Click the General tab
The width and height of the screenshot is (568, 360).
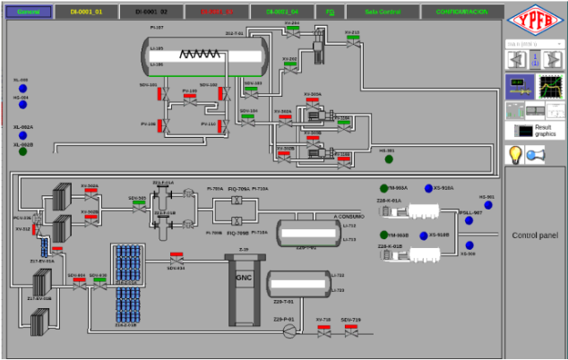click(x=29, y=12)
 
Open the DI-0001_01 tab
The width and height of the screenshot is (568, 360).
click(x=86, y=12)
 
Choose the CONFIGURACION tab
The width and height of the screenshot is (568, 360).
click(x=461, y=12)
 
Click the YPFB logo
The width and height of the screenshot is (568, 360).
click(x=535, y=20)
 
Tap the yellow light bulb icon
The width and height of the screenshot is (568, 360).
click(x=516, y=154)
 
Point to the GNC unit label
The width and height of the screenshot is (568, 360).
click(x=244, y=278)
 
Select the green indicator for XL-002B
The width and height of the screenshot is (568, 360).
click(x=22, y=151)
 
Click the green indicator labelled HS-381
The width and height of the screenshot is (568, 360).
click(x=388, y=159)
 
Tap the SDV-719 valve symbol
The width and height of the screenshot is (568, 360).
click(x=350, y=330)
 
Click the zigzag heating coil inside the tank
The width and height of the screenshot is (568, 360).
click(x=198, y=54)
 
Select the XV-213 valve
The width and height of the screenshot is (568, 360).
click(x=352, y=40)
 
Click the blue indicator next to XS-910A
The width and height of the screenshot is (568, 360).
click(x=427, y=188)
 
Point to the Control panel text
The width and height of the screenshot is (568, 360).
click(x=535, y=236)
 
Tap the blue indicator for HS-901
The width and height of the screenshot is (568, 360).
click(x=488, y=205)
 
